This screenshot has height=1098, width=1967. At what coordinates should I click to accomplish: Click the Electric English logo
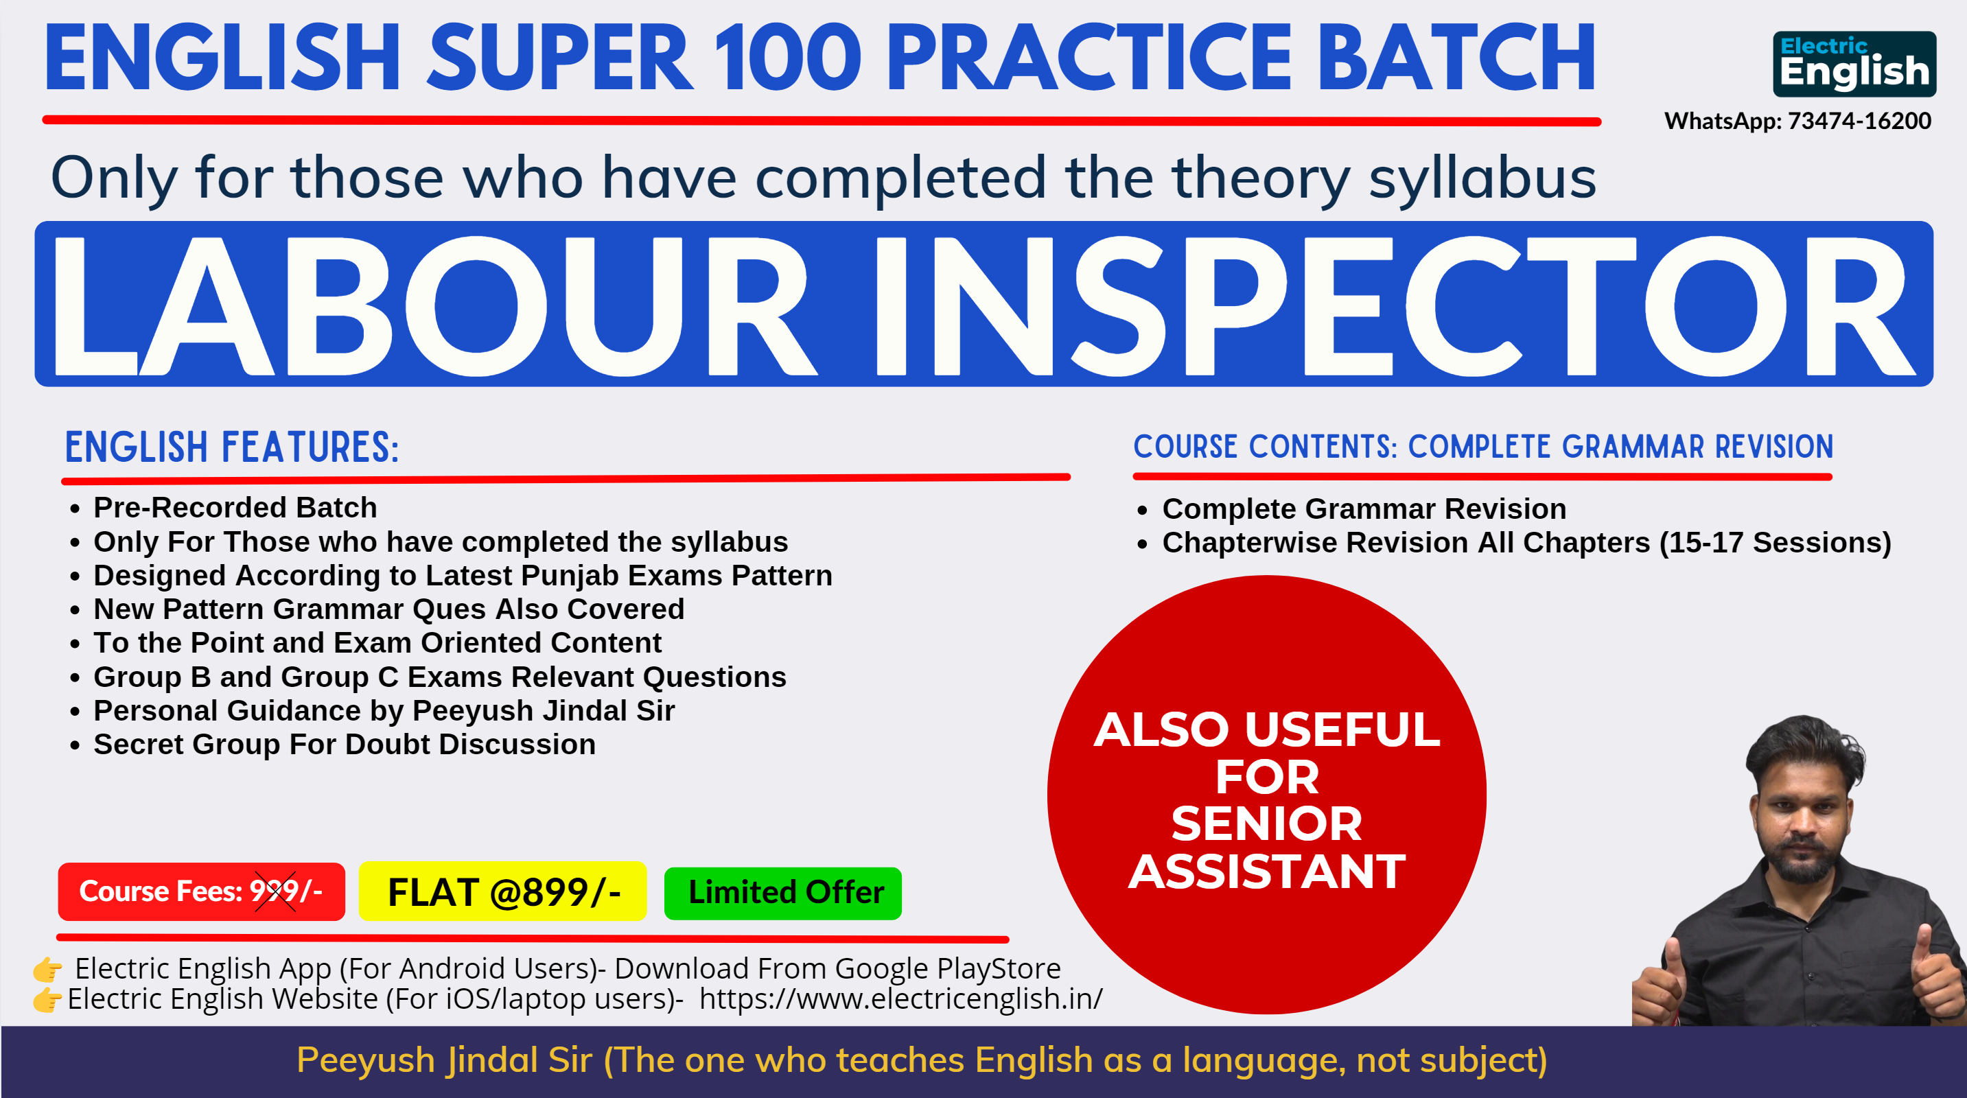1854,64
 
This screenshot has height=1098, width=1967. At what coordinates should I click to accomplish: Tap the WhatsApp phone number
1859,121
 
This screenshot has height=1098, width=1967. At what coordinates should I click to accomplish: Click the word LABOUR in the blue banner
433,305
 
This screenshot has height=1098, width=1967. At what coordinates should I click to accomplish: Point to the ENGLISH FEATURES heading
232,447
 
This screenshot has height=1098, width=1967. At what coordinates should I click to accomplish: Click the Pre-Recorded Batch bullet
235,508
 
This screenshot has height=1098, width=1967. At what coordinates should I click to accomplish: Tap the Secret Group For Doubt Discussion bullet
345,745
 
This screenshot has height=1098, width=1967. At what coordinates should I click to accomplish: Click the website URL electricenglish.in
901,998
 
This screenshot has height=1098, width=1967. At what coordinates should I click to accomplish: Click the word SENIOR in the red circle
1267,824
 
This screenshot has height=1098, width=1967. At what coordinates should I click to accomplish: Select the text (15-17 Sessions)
1776,543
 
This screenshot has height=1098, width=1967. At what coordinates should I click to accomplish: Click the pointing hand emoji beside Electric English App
47,969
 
